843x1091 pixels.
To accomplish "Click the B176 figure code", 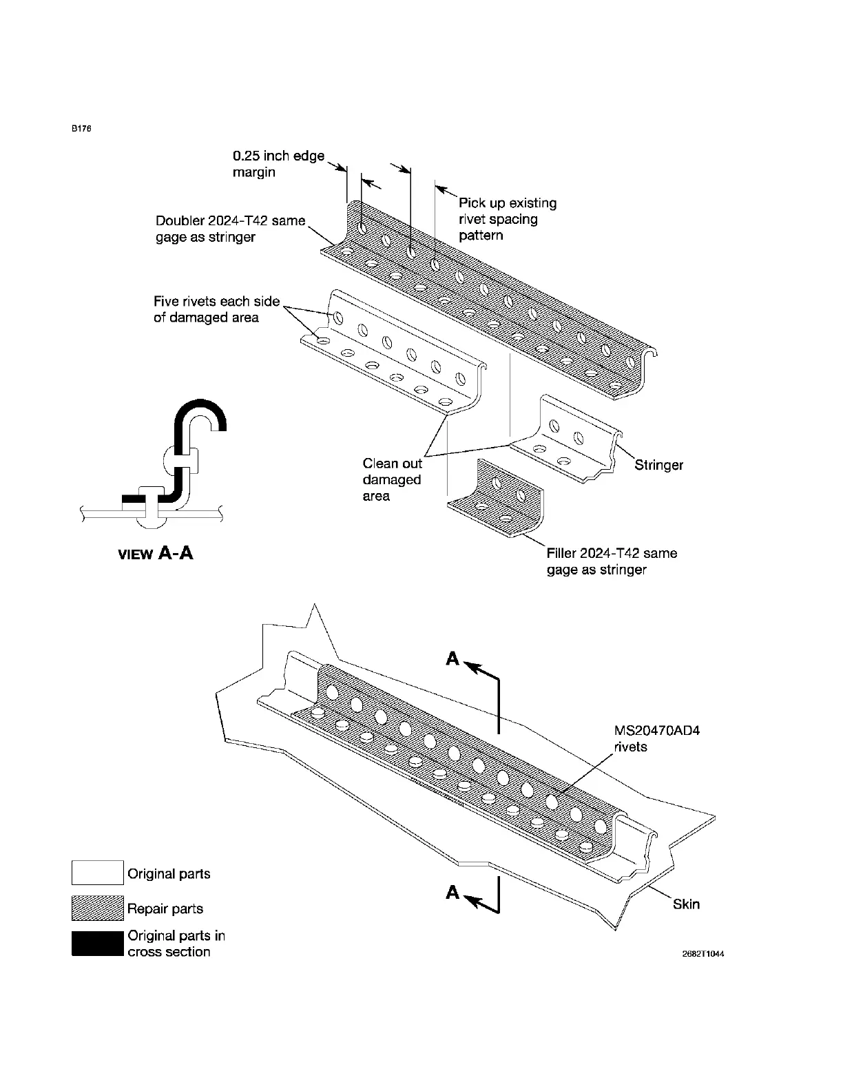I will (x=82, y=129).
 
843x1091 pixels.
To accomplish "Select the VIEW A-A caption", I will (x=156, y=553).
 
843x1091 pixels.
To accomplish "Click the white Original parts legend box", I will (x=98, y=873).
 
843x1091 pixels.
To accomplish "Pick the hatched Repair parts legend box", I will (x=98, y=908).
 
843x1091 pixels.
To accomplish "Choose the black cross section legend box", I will (x=98, y=944).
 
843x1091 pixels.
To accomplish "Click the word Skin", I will (x=686, y=904).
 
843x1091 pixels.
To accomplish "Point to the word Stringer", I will (x=658, y=465).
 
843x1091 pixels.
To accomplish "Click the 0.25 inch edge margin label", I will (x=278, y=164).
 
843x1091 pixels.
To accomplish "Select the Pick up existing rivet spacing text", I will (x=508, y=219).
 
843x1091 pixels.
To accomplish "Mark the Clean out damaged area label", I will (x=392, y=479).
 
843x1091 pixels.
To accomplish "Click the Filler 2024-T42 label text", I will (x=612, y=561).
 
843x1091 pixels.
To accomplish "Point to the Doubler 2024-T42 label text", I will (x=230, y=229).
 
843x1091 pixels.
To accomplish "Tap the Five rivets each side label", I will (x=216, y=309).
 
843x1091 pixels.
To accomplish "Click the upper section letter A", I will (x=452, y=659).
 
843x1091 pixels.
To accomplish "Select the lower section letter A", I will (x=452, y=893).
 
